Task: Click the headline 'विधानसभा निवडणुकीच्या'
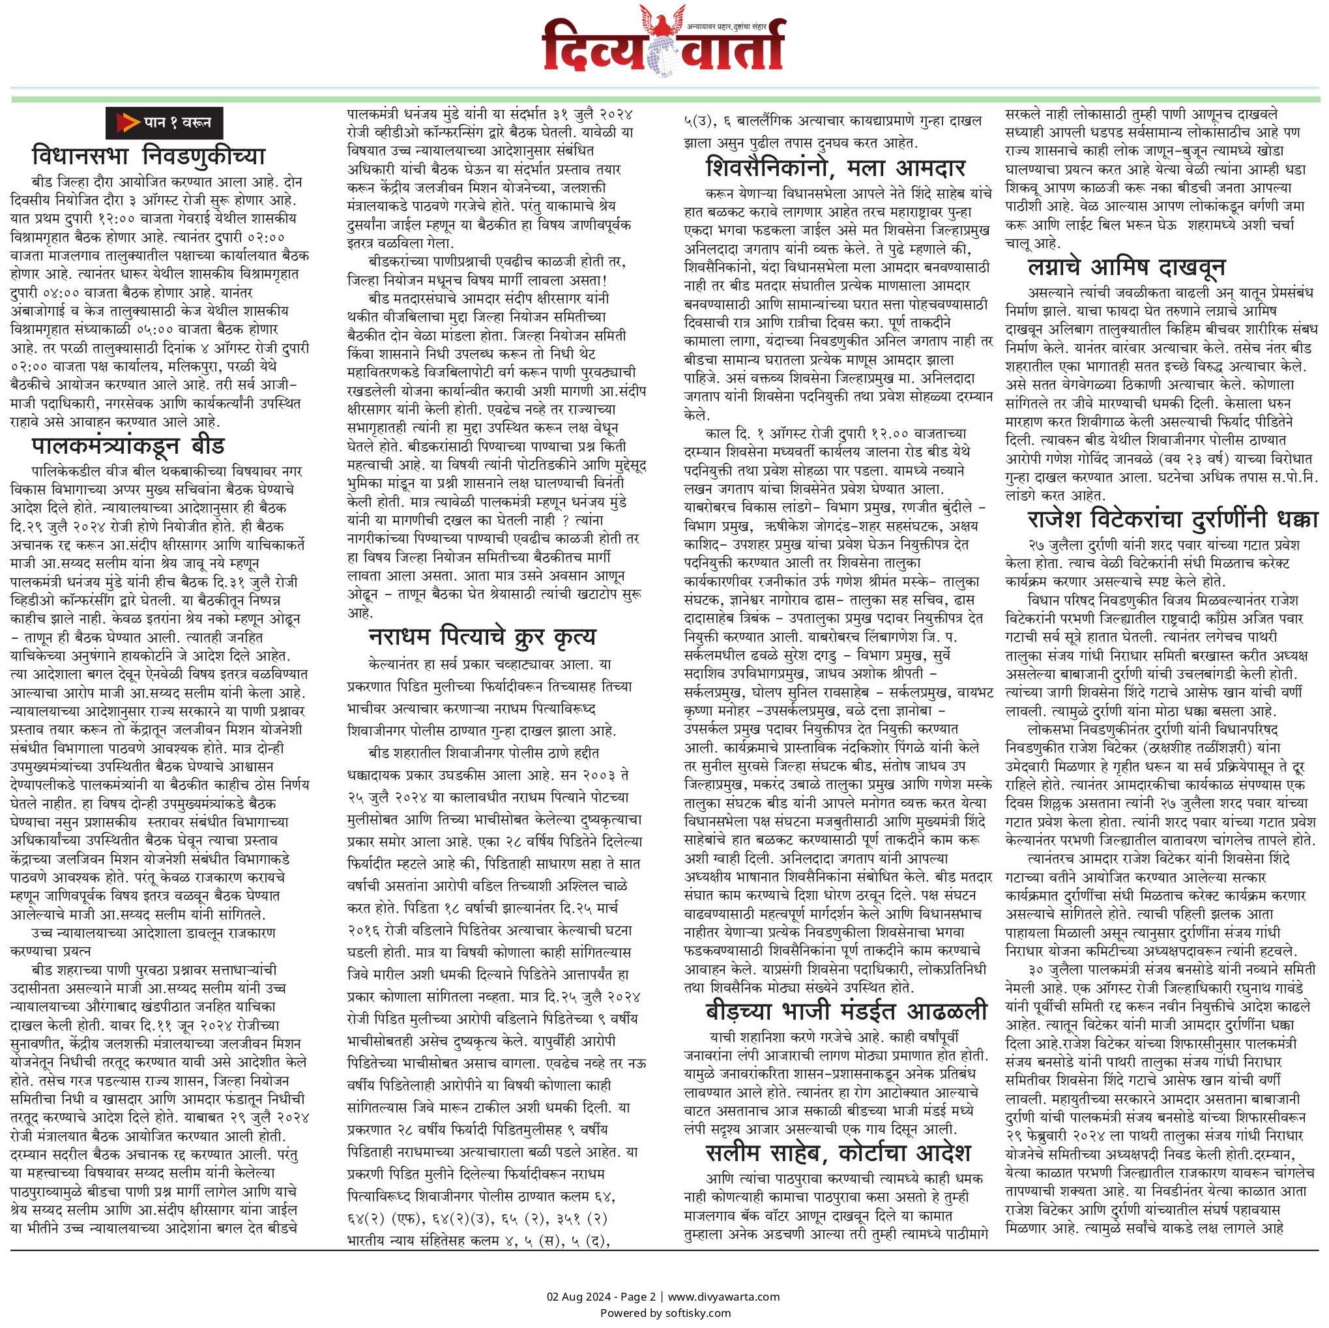149,157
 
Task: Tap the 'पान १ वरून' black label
164,123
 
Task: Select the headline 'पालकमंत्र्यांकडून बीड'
128,447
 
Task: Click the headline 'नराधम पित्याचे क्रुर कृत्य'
482,636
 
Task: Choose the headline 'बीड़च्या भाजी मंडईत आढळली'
846,1011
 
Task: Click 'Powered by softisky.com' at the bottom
665,1313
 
